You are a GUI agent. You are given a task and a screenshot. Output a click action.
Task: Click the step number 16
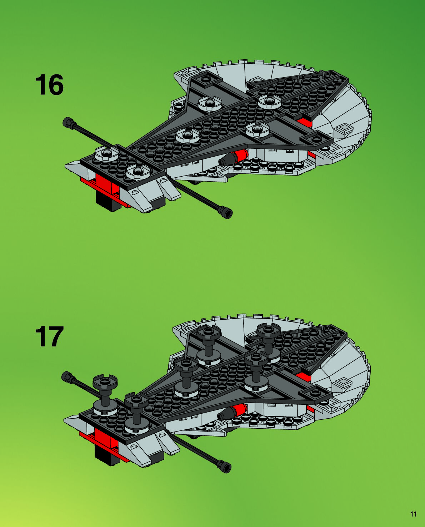49,85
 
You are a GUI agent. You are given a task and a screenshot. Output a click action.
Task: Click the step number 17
49,336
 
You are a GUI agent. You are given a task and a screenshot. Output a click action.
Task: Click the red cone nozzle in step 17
239,409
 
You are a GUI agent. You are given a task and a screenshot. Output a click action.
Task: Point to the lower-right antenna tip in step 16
226,213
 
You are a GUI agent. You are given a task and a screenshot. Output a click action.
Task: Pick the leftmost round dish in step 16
106,153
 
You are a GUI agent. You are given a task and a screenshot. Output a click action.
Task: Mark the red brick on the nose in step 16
104,182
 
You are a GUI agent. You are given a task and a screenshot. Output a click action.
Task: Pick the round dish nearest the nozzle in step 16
257,130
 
